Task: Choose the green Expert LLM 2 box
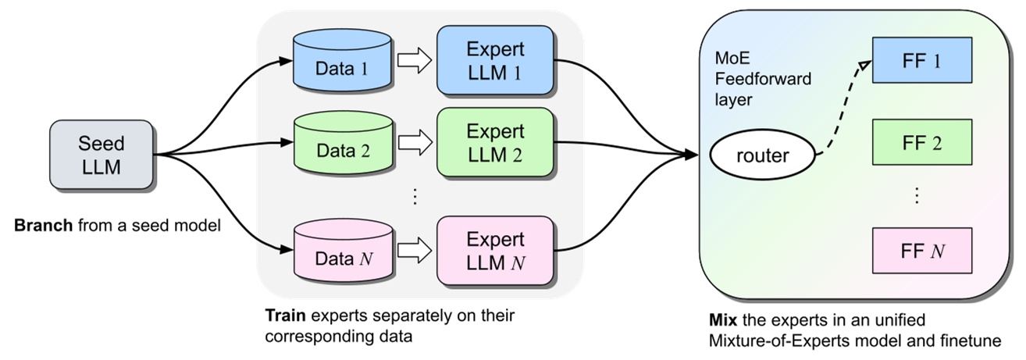(x=496, y=141)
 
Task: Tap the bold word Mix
(x=720, y=321)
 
